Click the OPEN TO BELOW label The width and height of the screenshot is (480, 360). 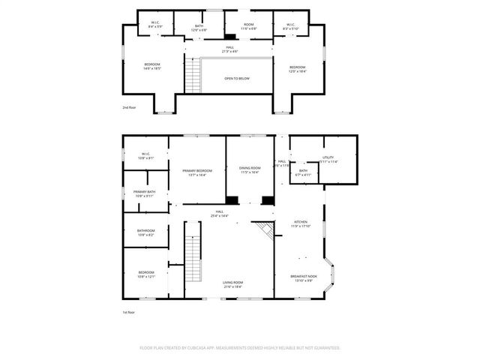[x=237, y=77]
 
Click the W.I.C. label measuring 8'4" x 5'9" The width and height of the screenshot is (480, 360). [x=154, y=25]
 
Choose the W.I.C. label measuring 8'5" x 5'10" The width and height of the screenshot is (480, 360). [x=290, y=25]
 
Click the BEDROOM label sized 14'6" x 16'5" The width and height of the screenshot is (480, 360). [x=152, y=66]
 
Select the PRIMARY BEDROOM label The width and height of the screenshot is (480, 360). [x=197, y=172]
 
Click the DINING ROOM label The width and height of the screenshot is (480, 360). [x=250, y=169]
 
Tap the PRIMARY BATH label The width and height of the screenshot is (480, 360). [x=145, y=193]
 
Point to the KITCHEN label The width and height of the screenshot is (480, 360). [x=300, y=223]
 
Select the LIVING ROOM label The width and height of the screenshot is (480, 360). [x=232, y=283]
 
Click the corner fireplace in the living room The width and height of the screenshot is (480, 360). [x=263, y=228]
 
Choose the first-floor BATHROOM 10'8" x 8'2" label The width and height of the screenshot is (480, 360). [x=145, y=232]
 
